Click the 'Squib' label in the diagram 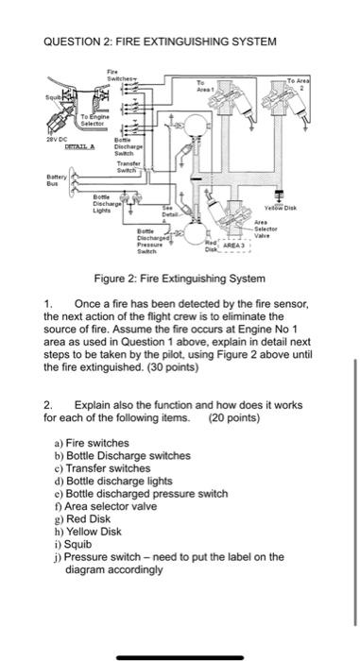pos(44,94)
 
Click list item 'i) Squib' pos(77,544)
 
